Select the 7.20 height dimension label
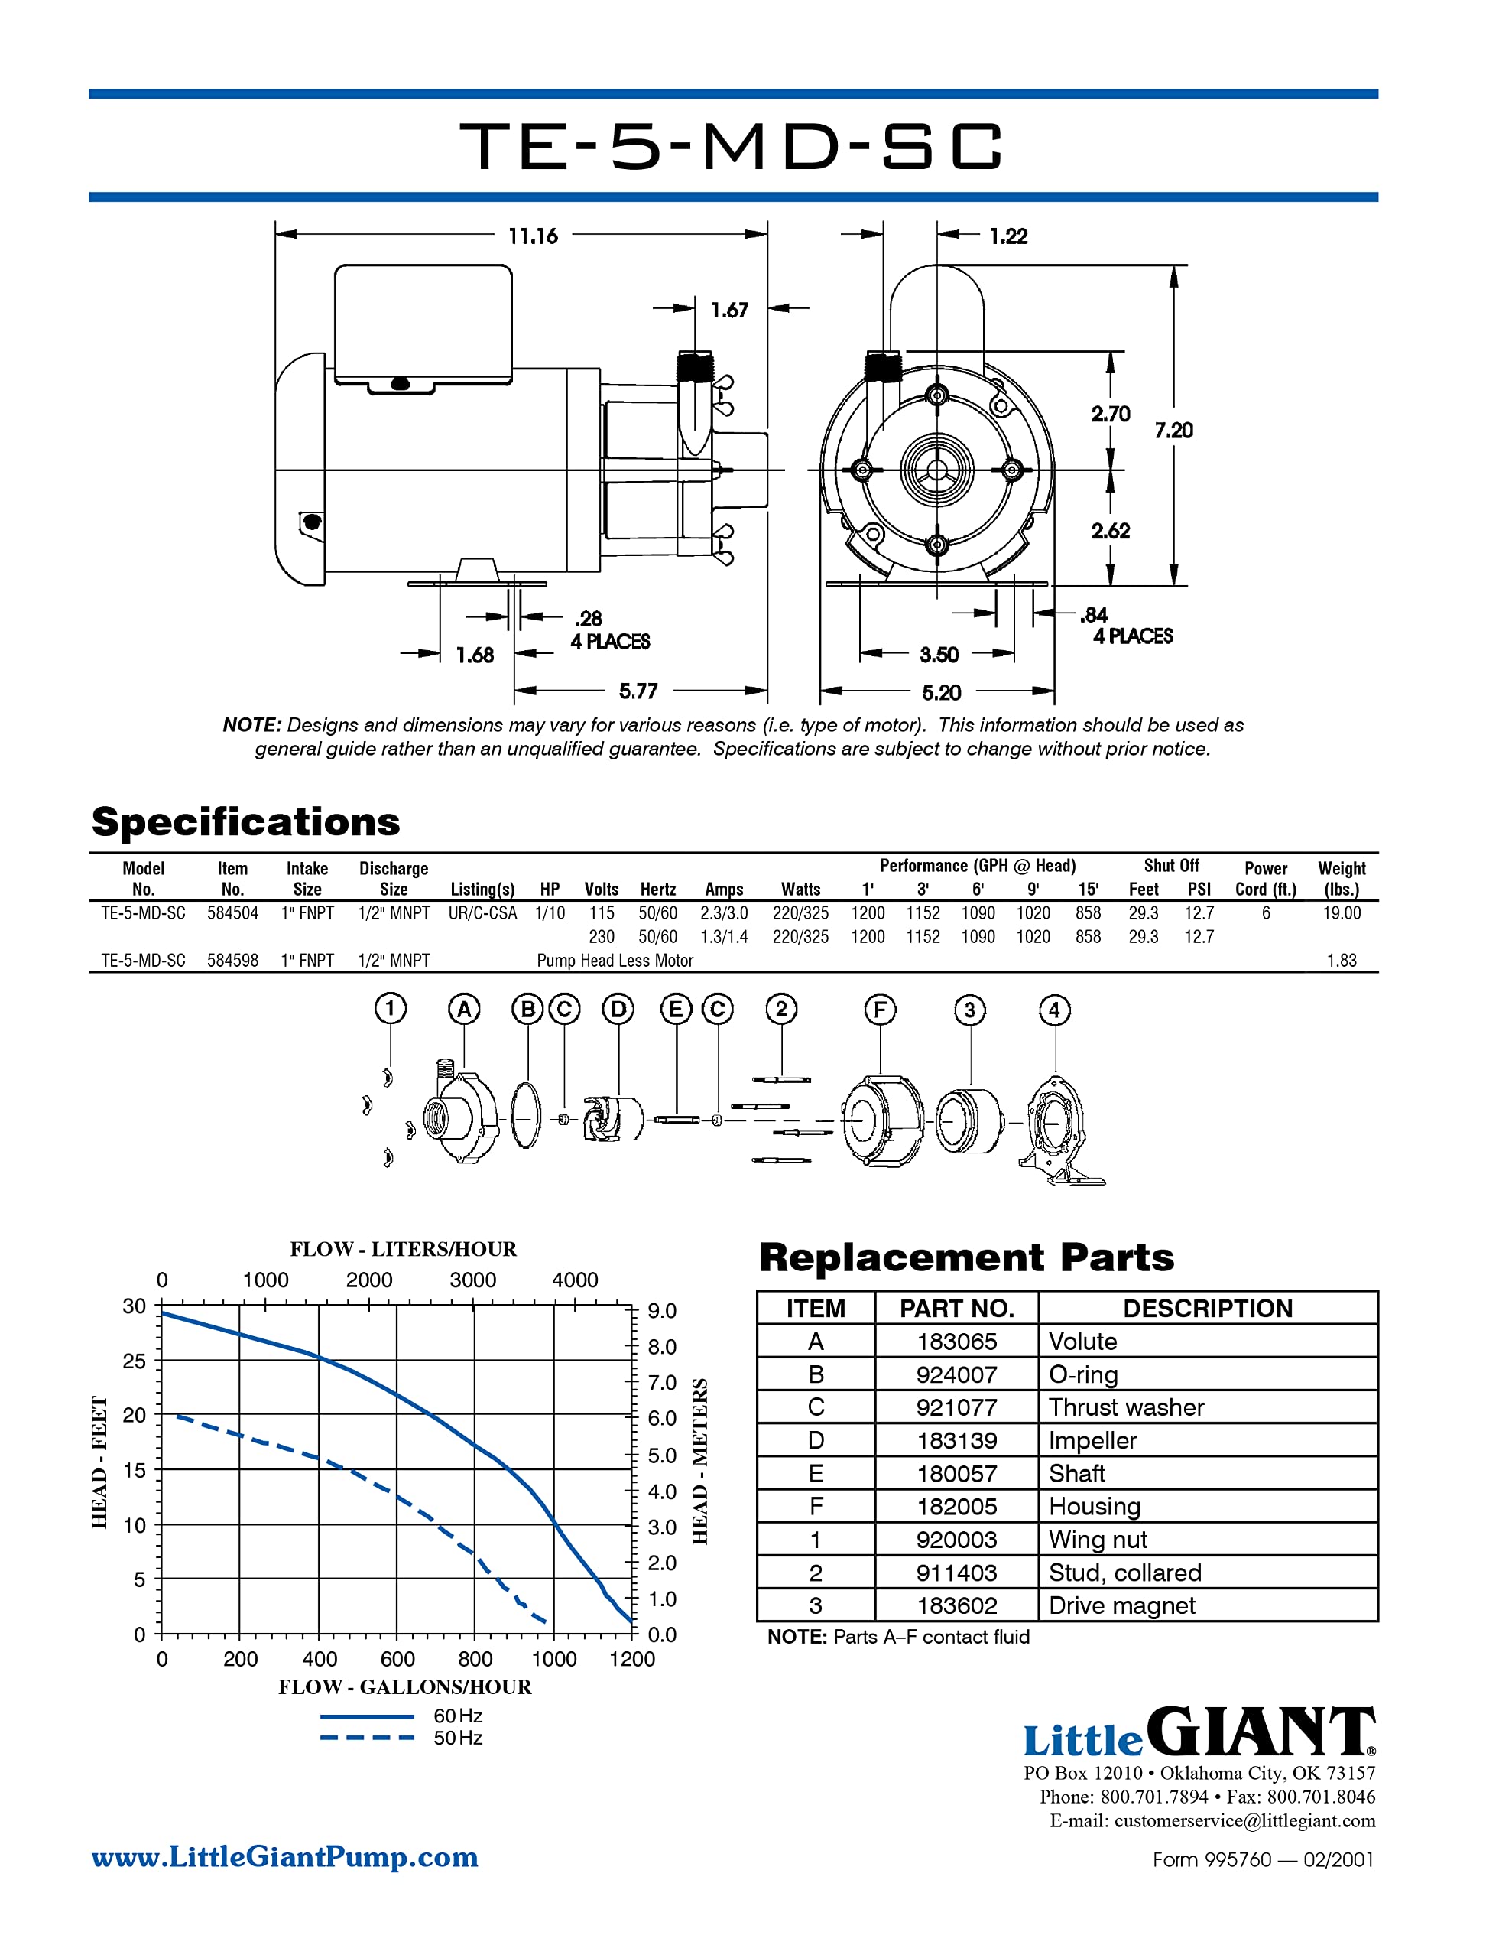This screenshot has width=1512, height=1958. click(1173, 431)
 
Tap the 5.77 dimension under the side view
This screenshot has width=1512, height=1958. click(638, 691)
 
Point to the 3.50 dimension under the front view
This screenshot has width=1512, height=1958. click(939, 655)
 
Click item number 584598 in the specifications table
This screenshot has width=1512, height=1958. click(232, 960)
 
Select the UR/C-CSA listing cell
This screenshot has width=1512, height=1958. click(482, 912)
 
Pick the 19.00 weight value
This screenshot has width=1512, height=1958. click(1341, 912)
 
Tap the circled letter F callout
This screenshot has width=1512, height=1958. click(879, 1010)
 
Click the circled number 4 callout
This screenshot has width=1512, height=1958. click(1054, 1010)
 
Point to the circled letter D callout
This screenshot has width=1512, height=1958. click(618, 1010)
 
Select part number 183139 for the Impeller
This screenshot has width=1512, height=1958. click(956, 1441)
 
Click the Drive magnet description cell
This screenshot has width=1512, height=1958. click(1122, 1605)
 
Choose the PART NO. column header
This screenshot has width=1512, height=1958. click(956, 1309)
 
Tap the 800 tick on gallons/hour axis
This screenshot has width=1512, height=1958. click(475, 1660)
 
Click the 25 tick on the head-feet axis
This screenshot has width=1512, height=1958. click(134, 1361)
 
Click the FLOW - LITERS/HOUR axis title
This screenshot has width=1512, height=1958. click(404, 1249)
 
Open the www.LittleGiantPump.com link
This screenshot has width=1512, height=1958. click(285, 1857)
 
